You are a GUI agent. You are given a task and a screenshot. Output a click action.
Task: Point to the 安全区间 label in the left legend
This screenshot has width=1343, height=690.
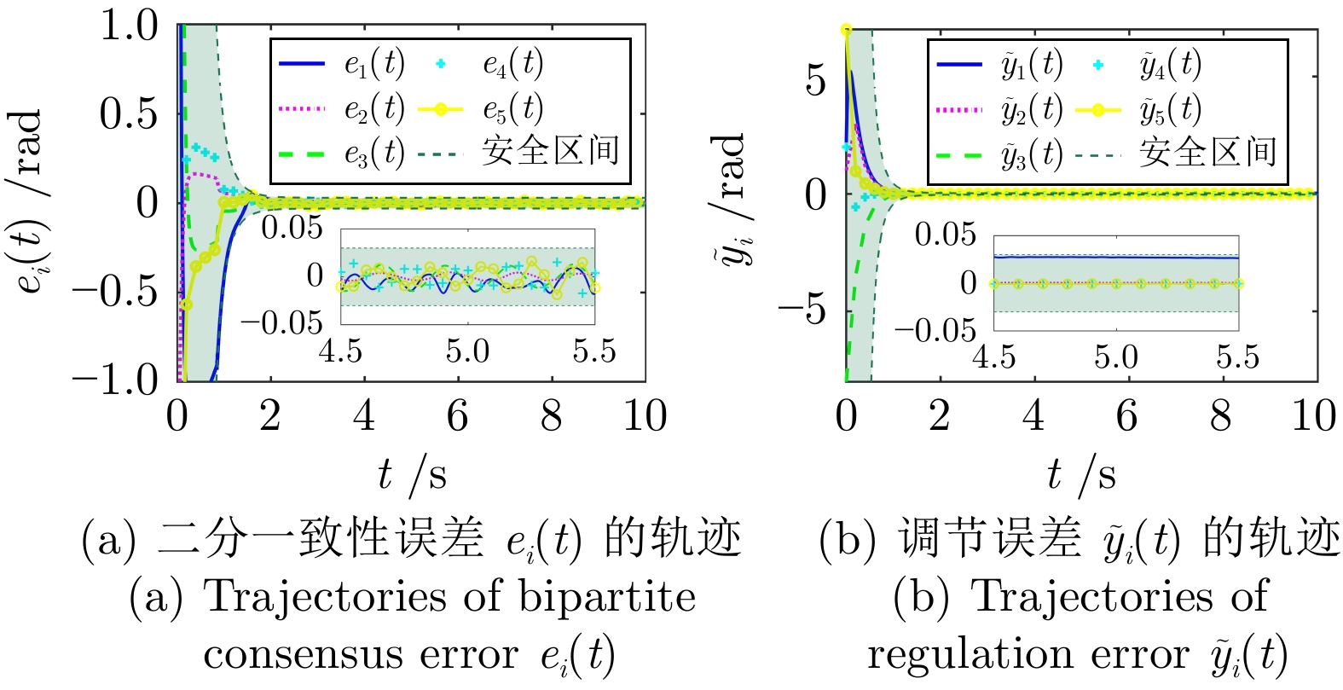[550, 152]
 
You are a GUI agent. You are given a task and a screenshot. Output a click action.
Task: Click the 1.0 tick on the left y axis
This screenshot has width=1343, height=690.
[129, 26]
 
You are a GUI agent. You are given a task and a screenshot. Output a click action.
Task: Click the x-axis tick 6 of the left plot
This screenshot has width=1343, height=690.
[457, 415]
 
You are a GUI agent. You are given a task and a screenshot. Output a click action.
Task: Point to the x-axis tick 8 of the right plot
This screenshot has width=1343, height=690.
[1220, 415]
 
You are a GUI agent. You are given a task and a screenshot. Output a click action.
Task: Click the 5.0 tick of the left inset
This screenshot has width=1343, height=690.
[466, 351]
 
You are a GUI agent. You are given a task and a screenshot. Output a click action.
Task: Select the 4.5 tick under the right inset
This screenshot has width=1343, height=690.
[993, 356]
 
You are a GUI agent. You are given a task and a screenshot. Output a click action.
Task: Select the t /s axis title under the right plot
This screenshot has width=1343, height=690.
[1081, 474]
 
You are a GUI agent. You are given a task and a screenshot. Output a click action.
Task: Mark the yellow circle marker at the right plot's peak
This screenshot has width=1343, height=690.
[846, 30]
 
